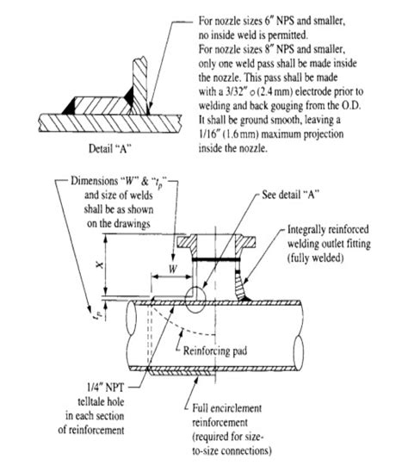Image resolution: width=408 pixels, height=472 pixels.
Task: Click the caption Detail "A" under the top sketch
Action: (x=110, y=148)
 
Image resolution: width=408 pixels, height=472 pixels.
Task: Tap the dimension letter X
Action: (x=100, y=265)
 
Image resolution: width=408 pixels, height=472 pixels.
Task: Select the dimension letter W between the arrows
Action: (x=173, y=269)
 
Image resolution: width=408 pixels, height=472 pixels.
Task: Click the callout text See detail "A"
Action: (x=290, y=195)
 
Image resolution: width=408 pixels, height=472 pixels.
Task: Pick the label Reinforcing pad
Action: (x=215, y=351)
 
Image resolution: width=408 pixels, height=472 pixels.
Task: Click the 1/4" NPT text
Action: (x=105, y=388)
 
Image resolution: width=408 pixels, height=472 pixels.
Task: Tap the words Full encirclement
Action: (x=227, y=408)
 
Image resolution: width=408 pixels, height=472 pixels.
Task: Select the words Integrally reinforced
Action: (x=328, y=229)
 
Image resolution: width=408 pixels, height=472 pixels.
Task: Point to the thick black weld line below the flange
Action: (x=216, y=259)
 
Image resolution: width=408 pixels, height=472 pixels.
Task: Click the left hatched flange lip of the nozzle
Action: (x=187, y=242)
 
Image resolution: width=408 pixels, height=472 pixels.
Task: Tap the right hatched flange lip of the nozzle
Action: (x=245, y=242)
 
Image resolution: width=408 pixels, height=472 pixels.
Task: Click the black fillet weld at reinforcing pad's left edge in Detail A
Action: (x=69, y=106)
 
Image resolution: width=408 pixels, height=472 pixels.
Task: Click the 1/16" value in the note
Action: (x=208, y=134)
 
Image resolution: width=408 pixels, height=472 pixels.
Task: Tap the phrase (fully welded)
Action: (x=315, y=258)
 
